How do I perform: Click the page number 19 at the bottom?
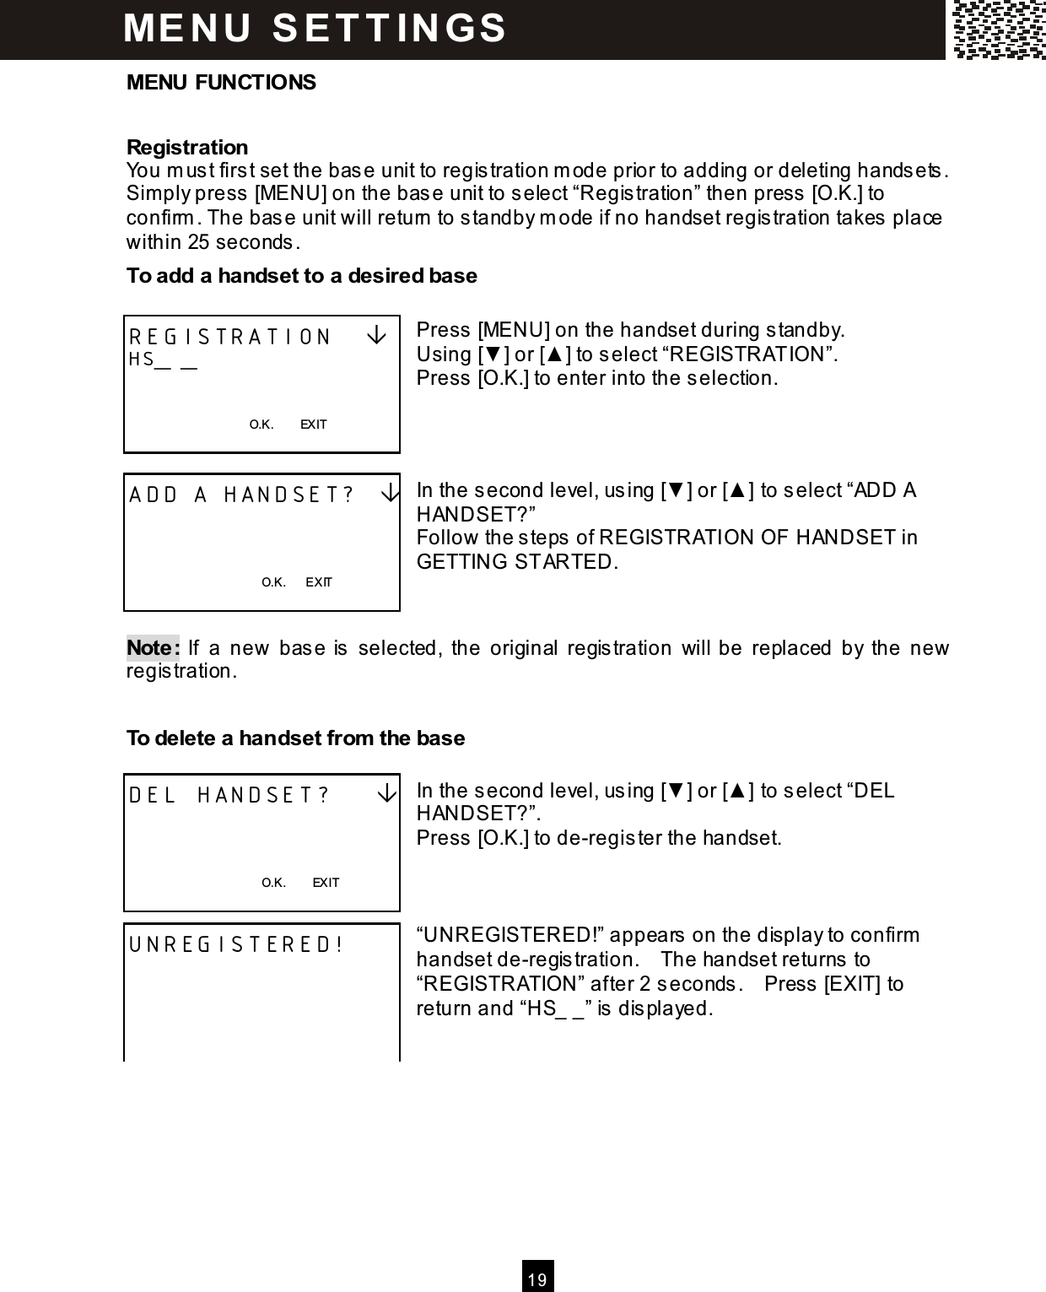tap(537, 1280)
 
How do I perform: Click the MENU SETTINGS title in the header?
tap(315, 27)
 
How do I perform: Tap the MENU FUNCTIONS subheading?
tap(221, 83)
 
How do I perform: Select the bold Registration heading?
tap(187, 147)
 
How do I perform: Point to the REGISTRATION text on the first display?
tap(230, 338)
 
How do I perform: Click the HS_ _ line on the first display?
tap(163, 360)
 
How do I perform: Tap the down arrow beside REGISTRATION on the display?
tap(377, 336)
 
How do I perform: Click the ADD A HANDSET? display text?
tap(241, 495)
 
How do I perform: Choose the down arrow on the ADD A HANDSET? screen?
tap(389, 494)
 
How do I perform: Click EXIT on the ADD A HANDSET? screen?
tap(319, 582)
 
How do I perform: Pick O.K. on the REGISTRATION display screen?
tap(261, 424)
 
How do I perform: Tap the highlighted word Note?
tap(153, 648)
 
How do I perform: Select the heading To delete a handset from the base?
tap(295, 738)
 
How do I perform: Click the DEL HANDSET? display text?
tap(229, 796)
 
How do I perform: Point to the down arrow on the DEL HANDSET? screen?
tap(386, 794)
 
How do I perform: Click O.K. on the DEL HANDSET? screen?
tap(273, 883)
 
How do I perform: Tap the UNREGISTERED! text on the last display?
tap(235, 944)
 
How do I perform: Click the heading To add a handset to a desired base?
tap(301, 276)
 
